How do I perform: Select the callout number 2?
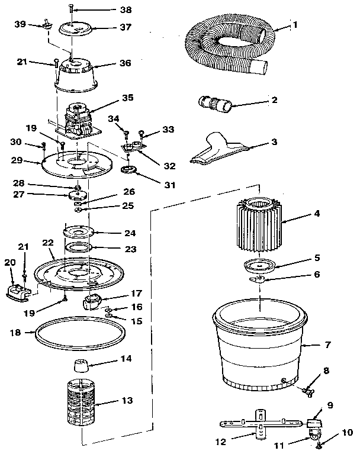click(x=274, y=100)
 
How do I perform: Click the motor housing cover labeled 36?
click(x=77, y=76)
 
